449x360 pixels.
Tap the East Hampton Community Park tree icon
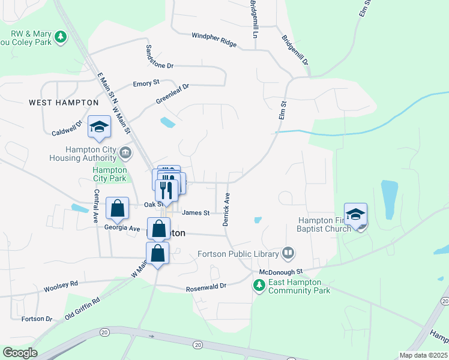(259, 286)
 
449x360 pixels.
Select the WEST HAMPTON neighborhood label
(64, 103)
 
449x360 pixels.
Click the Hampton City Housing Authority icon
(125, 152)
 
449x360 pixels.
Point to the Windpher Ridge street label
(214, 40)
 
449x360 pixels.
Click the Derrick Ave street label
(226, 209)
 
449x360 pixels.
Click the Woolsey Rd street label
(61, 287)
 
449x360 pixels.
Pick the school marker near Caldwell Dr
(99, 126)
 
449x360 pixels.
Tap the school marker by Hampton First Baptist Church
(355, 214)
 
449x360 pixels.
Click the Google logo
(20, 353)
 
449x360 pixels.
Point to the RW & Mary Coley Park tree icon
(60, 38)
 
